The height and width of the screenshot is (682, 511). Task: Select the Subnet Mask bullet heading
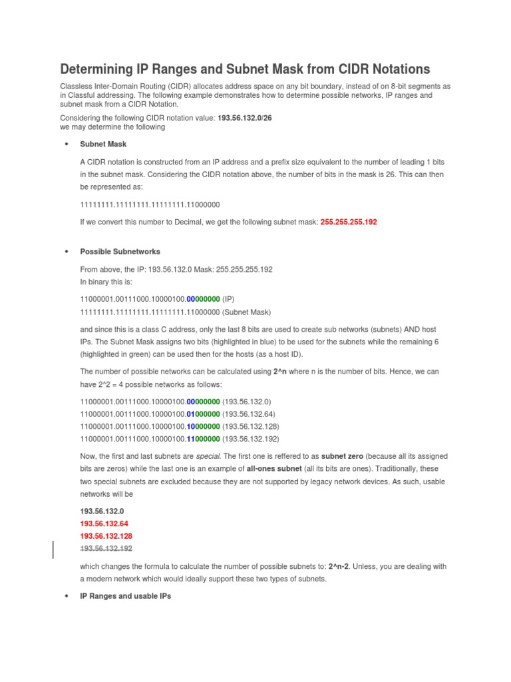[x=103, y=144]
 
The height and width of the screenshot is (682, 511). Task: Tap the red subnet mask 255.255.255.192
[x=349, y=222]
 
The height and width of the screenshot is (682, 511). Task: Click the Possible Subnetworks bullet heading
[x=120, y=252]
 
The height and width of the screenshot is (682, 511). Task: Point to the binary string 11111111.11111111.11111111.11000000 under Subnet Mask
[x=150, y=204]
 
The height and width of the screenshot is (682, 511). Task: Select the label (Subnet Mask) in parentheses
[x=248, y=312]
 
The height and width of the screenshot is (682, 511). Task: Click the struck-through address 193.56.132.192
[x=106, y=548]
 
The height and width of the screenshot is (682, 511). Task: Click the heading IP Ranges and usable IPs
[x=125, y=596]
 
